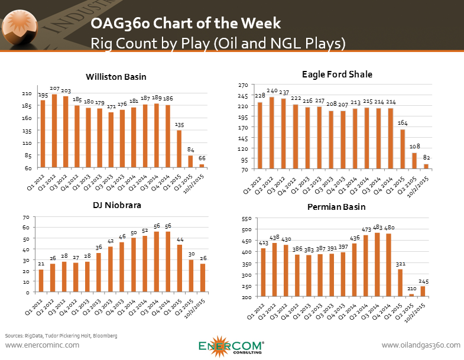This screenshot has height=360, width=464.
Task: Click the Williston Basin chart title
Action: click(x=116, y=77)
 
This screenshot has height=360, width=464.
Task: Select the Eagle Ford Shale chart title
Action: click(x=345, y=74)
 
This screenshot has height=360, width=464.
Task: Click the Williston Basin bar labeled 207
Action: click(x=55, y=131)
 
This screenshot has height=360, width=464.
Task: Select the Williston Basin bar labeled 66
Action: click(x=202, y=166)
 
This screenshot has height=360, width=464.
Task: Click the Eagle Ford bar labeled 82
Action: click(x=426, y=167)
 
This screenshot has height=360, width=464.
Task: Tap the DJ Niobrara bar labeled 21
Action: click(x=41, y=281)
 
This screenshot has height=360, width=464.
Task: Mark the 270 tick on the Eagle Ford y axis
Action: click(x=234, y=85)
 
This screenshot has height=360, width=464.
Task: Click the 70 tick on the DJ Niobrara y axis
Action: click(x=26, y=218)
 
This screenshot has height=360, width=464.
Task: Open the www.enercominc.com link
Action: click(x=41, y=345)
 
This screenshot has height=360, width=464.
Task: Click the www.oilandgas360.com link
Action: click(x=420, y=345)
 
